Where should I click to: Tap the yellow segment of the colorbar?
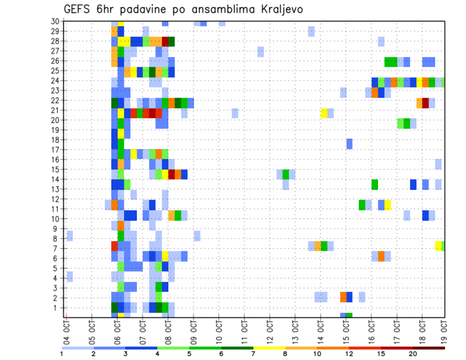click(269, 348)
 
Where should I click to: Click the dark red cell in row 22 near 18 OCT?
click(425, 103)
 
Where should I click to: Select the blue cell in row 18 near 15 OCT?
click(349, 144)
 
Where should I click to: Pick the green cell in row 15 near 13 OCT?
click(286, 174)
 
